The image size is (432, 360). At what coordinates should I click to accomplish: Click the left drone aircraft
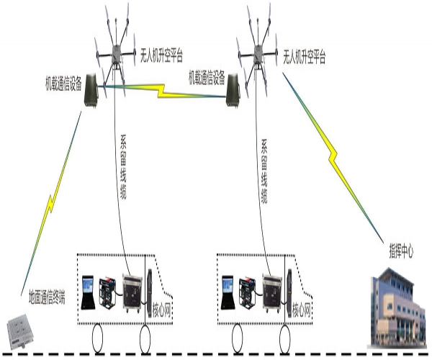pos(114,48)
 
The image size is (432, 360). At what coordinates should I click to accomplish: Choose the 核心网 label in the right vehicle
pos(302,311)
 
